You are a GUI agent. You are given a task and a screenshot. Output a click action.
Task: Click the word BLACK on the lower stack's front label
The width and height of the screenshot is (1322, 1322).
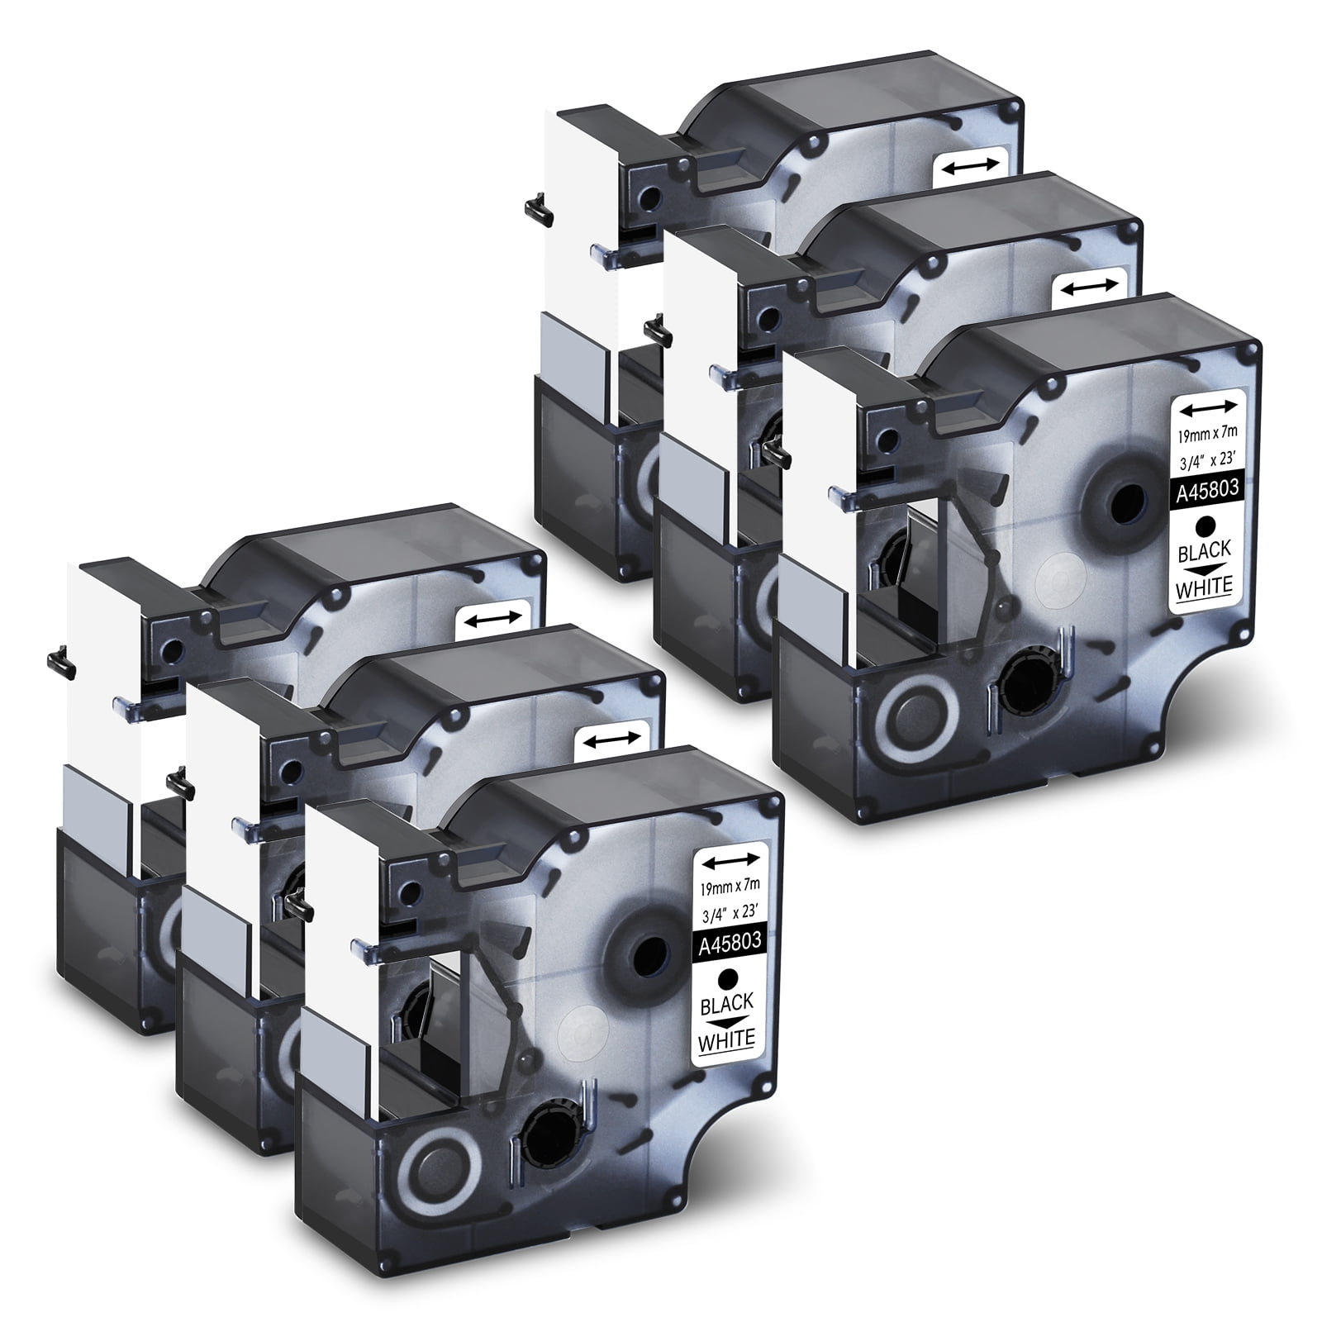point(726,1003)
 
